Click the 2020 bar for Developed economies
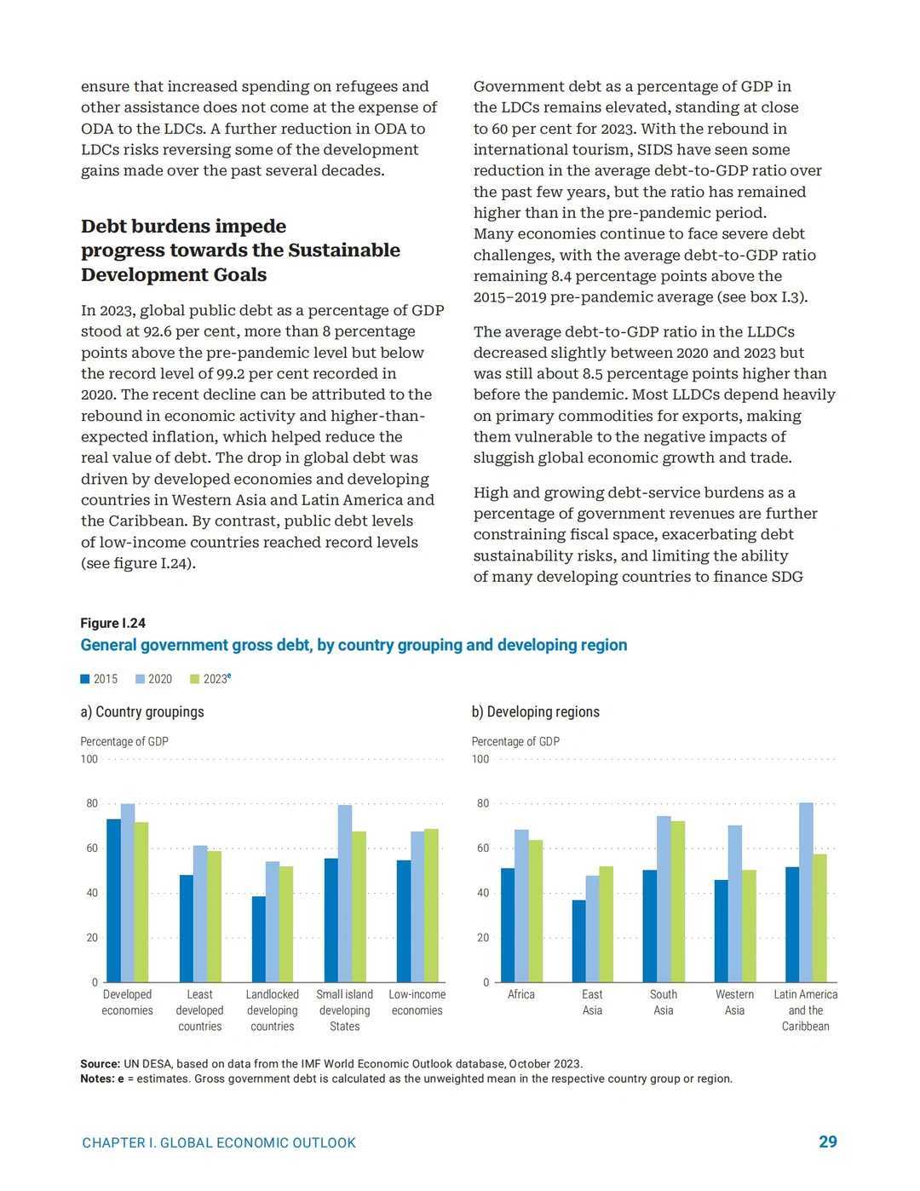pos(128,893)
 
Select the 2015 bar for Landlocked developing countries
pos(259,940)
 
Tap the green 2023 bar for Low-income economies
pos(431,906)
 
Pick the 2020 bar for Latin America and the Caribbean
pos(806,892)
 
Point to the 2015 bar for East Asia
pos(578,941)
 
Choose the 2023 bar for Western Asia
pos(749,926)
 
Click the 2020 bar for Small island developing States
pos(345,894)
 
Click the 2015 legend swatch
pos(85,679)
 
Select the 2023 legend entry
pos(211,678)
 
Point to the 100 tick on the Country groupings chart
pos(89,759)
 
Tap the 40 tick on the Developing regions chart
pos(483,893)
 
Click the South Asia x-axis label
pos(663,1002)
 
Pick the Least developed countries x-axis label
pos(199,1010)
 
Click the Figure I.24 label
pos(113,623)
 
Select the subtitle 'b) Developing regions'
pos(535,711)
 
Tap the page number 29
pos(827,1142)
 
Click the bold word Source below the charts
pos(101,1064)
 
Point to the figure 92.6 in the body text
pos(159,331)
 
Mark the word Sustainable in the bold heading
pos(344,250)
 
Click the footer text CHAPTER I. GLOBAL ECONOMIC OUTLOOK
pos(219,1142)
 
